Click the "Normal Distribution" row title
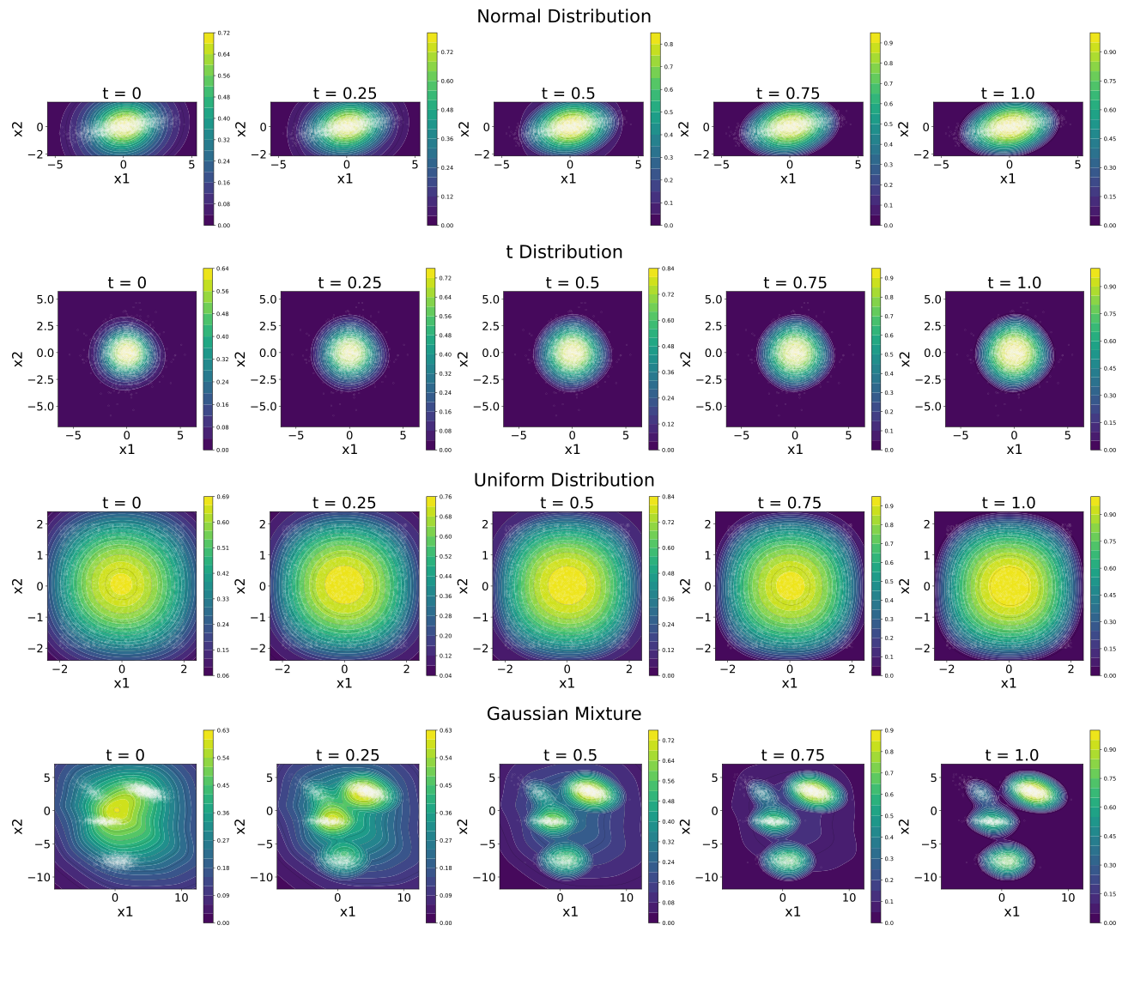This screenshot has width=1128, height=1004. (563, 16)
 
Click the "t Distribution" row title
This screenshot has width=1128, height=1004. (563, 251)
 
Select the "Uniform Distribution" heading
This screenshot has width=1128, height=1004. (563, 480)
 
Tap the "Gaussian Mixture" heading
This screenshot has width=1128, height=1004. (563, 714)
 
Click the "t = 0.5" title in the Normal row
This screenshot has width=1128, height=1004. (567, 93)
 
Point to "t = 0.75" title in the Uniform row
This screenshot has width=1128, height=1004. (789, 503)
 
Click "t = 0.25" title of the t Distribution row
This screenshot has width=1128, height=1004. (349, 282)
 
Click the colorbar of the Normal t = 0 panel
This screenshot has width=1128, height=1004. (208, 129)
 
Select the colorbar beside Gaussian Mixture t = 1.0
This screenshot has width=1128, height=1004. (1095, 826)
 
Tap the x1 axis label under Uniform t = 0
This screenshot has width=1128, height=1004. (121, 683)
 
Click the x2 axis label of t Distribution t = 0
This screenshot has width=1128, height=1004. (18, 358)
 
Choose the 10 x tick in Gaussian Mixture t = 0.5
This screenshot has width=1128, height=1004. (627, 898)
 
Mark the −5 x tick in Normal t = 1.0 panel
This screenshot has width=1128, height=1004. (942, 165)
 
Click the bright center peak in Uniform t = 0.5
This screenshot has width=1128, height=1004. (567, 585)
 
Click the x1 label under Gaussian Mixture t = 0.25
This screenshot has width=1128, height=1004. (347, 911)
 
